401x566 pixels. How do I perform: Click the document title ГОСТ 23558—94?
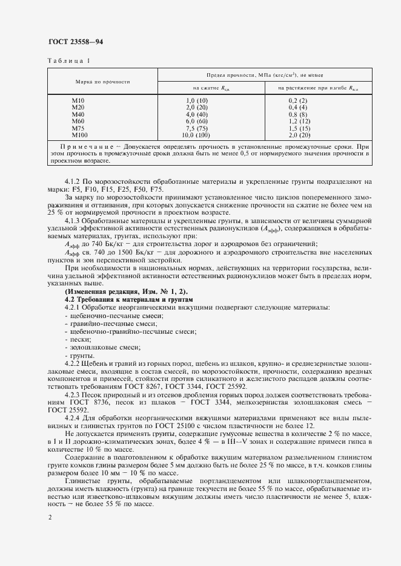[x=76, y=41]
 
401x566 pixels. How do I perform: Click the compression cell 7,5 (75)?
[x=196, y=128]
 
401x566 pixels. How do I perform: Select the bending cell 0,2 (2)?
[x=298, y=100]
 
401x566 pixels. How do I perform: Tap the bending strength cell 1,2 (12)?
[x=299, y=120]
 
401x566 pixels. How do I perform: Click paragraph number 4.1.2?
[x=74, y=181]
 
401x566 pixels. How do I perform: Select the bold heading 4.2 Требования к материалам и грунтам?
[x=128, y=299]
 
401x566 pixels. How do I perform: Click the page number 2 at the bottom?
[x=49, y=517]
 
